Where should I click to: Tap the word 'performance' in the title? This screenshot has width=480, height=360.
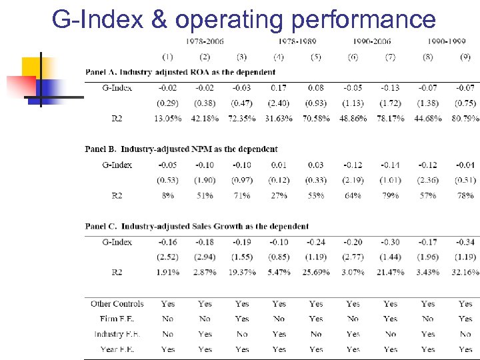coord(353,20)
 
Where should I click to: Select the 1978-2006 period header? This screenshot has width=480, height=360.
coord(205,41)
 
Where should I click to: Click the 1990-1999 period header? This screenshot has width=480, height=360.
coord(446,41)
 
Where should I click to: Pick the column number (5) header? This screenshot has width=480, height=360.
coord(316,57)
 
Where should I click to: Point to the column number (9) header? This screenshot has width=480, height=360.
coord(465,57)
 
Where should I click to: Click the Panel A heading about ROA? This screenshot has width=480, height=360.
coord(180,72)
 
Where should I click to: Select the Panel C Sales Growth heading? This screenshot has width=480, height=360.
coord(197,227)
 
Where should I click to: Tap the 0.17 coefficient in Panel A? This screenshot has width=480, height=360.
coord(279,87)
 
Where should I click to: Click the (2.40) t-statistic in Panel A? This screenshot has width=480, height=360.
coord(279,103)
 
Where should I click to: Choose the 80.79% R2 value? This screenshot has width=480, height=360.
coord(465,119)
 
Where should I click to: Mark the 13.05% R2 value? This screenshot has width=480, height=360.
coord(167,119)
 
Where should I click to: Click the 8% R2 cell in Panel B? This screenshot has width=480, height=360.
coord(167,196)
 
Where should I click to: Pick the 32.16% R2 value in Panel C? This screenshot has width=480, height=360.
coord(465,273)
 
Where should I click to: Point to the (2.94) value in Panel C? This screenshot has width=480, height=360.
coord(205,257)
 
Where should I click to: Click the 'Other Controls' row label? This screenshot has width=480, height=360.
coord(117,304)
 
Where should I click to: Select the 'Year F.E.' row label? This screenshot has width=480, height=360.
coord(117,349)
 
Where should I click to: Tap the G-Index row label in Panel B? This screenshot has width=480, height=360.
coord(117,165)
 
